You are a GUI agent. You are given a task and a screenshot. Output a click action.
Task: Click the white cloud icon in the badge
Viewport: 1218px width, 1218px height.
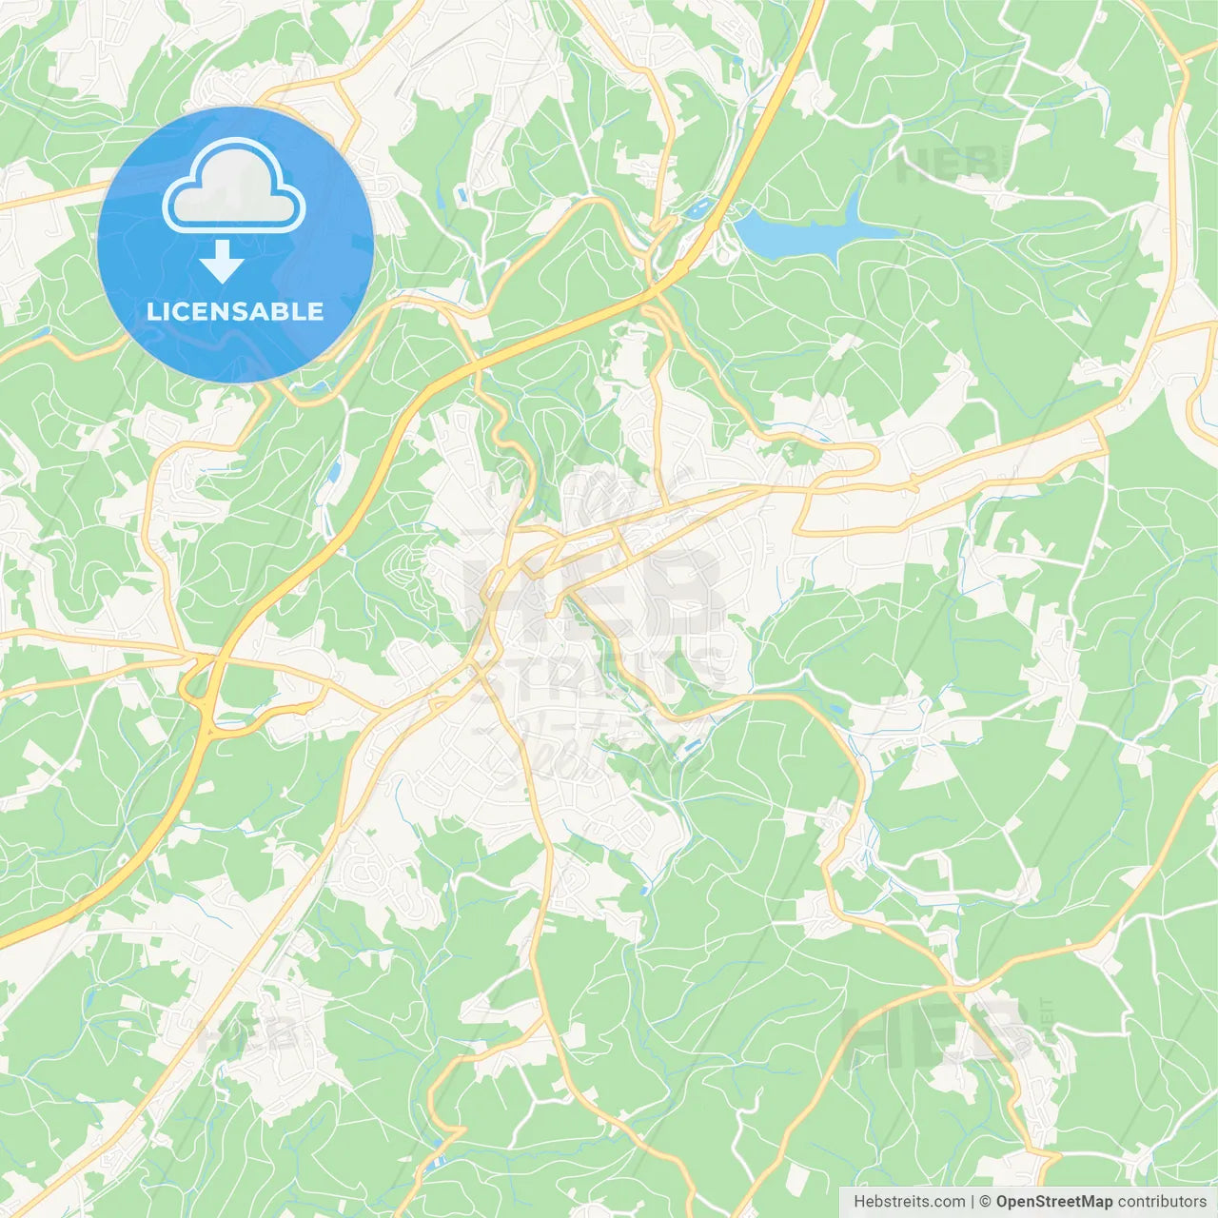[x=234, y=187]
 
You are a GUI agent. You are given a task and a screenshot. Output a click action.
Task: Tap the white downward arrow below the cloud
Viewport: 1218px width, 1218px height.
[x=222, y=263]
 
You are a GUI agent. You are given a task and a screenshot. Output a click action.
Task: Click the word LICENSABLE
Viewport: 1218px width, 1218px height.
[x=235, y=311]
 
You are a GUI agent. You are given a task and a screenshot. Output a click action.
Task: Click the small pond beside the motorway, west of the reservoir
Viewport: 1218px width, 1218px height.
[x=699, y=206]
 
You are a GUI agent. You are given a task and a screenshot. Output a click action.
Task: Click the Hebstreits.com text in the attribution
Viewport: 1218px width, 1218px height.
[x=909, y=1202]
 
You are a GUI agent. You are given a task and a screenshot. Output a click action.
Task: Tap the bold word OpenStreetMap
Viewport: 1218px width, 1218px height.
[x=1053, y=1202]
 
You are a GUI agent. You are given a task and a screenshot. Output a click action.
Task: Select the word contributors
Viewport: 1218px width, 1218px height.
[x=1161, y=1202]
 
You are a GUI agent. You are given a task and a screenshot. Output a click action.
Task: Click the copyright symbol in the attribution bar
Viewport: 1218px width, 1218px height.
[x=986, y=1202]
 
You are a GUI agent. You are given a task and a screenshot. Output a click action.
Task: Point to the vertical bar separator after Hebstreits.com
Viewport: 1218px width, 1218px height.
[x=972, y=1202]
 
